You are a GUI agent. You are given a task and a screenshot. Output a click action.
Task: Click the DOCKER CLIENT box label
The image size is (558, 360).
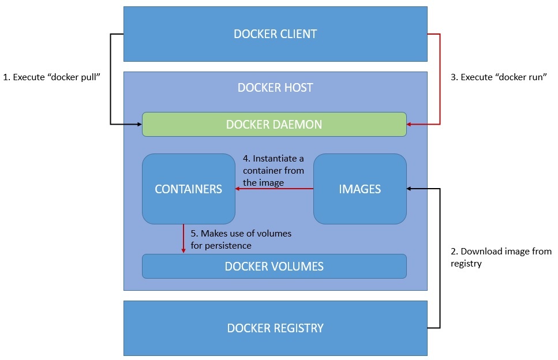[275, 34]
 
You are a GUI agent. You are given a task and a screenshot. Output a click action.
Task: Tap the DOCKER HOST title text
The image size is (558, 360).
[275, 88]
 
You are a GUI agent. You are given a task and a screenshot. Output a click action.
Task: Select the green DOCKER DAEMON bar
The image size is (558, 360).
[274, 125]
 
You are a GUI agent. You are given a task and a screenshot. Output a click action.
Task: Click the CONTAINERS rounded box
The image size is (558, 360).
[189, 189]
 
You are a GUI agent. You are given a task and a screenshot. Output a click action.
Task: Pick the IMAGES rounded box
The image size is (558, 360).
[359, 189]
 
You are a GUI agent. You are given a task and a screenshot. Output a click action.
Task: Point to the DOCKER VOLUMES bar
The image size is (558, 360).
[274, 267]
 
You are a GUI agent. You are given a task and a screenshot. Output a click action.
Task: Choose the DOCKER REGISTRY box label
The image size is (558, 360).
[275, 328]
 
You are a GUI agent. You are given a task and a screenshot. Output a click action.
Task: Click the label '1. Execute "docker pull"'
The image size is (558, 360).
[53, 77]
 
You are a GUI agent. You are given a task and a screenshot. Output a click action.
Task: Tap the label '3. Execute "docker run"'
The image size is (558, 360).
[499, 77]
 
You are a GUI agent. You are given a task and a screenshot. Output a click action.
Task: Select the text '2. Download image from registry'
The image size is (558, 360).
[500, 257]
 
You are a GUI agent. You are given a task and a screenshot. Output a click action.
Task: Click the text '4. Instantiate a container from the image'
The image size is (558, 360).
[274, 170]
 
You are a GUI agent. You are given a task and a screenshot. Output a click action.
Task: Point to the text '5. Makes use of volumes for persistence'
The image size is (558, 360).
[241, 239]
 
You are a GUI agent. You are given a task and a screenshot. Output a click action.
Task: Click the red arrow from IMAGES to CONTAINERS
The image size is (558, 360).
[274, 189]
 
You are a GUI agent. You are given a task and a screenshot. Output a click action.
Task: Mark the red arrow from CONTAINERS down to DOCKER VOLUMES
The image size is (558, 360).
[183, 239]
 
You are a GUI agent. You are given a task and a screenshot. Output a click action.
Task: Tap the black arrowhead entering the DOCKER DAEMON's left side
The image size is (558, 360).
[138, 124]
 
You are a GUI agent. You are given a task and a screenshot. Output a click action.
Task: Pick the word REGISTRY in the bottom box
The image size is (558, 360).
[298, 328]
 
